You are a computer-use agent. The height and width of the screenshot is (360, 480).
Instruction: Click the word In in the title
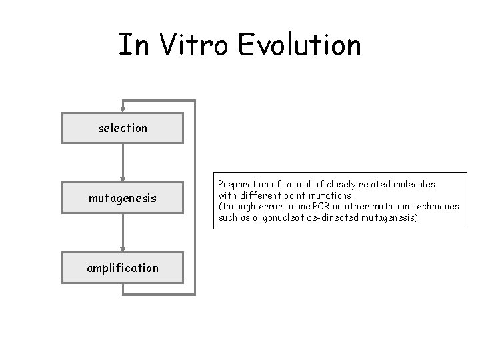(129, 45)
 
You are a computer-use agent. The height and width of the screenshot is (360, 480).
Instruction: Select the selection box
(122, 128)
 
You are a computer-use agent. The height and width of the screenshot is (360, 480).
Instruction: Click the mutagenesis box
(122, 197)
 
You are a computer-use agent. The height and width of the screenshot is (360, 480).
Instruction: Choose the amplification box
(122, 268)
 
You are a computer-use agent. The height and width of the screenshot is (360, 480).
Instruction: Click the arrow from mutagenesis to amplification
(123, 233)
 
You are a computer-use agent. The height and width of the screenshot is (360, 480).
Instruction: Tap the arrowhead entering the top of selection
(123, 109)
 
